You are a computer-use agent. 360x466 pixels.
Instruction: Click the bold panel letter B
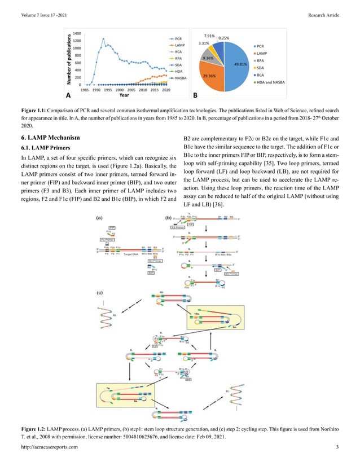(x=195, y=95)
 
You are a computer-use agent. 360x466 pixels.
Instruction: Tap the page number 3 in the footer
(x=337, y=447)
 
